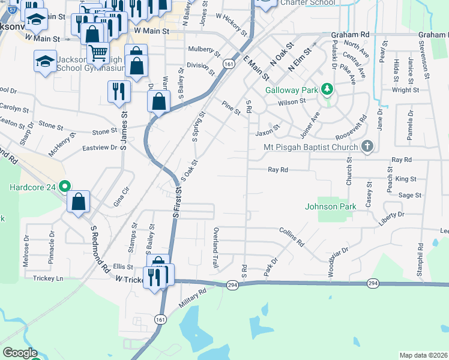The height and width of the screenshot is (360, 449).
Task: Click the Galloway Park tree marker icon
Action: coord(327,90)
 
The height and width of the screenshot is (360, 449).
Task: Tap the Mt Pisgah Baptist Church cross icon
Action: coord(367,147)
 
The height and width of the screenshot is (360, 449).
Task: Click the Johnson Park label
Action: coord(331,206)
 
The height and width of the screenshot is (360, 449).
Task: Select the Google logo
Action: coord(20,353)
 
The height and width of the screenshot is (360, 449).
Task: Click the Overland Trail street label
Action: coord(215,247)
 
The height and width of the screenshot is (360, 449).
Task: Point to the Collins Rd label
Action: coord(291,237)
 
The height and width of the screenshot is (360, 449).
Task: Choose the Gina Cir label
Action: coord(121,196)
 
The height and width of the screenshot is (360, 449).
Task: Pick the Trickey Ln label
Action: coord(47,278)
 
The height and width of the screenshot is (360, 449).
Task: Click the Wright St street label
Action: coord(405,90)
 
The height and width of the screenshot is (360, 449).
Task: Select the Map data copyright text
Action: coord(423,355)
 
